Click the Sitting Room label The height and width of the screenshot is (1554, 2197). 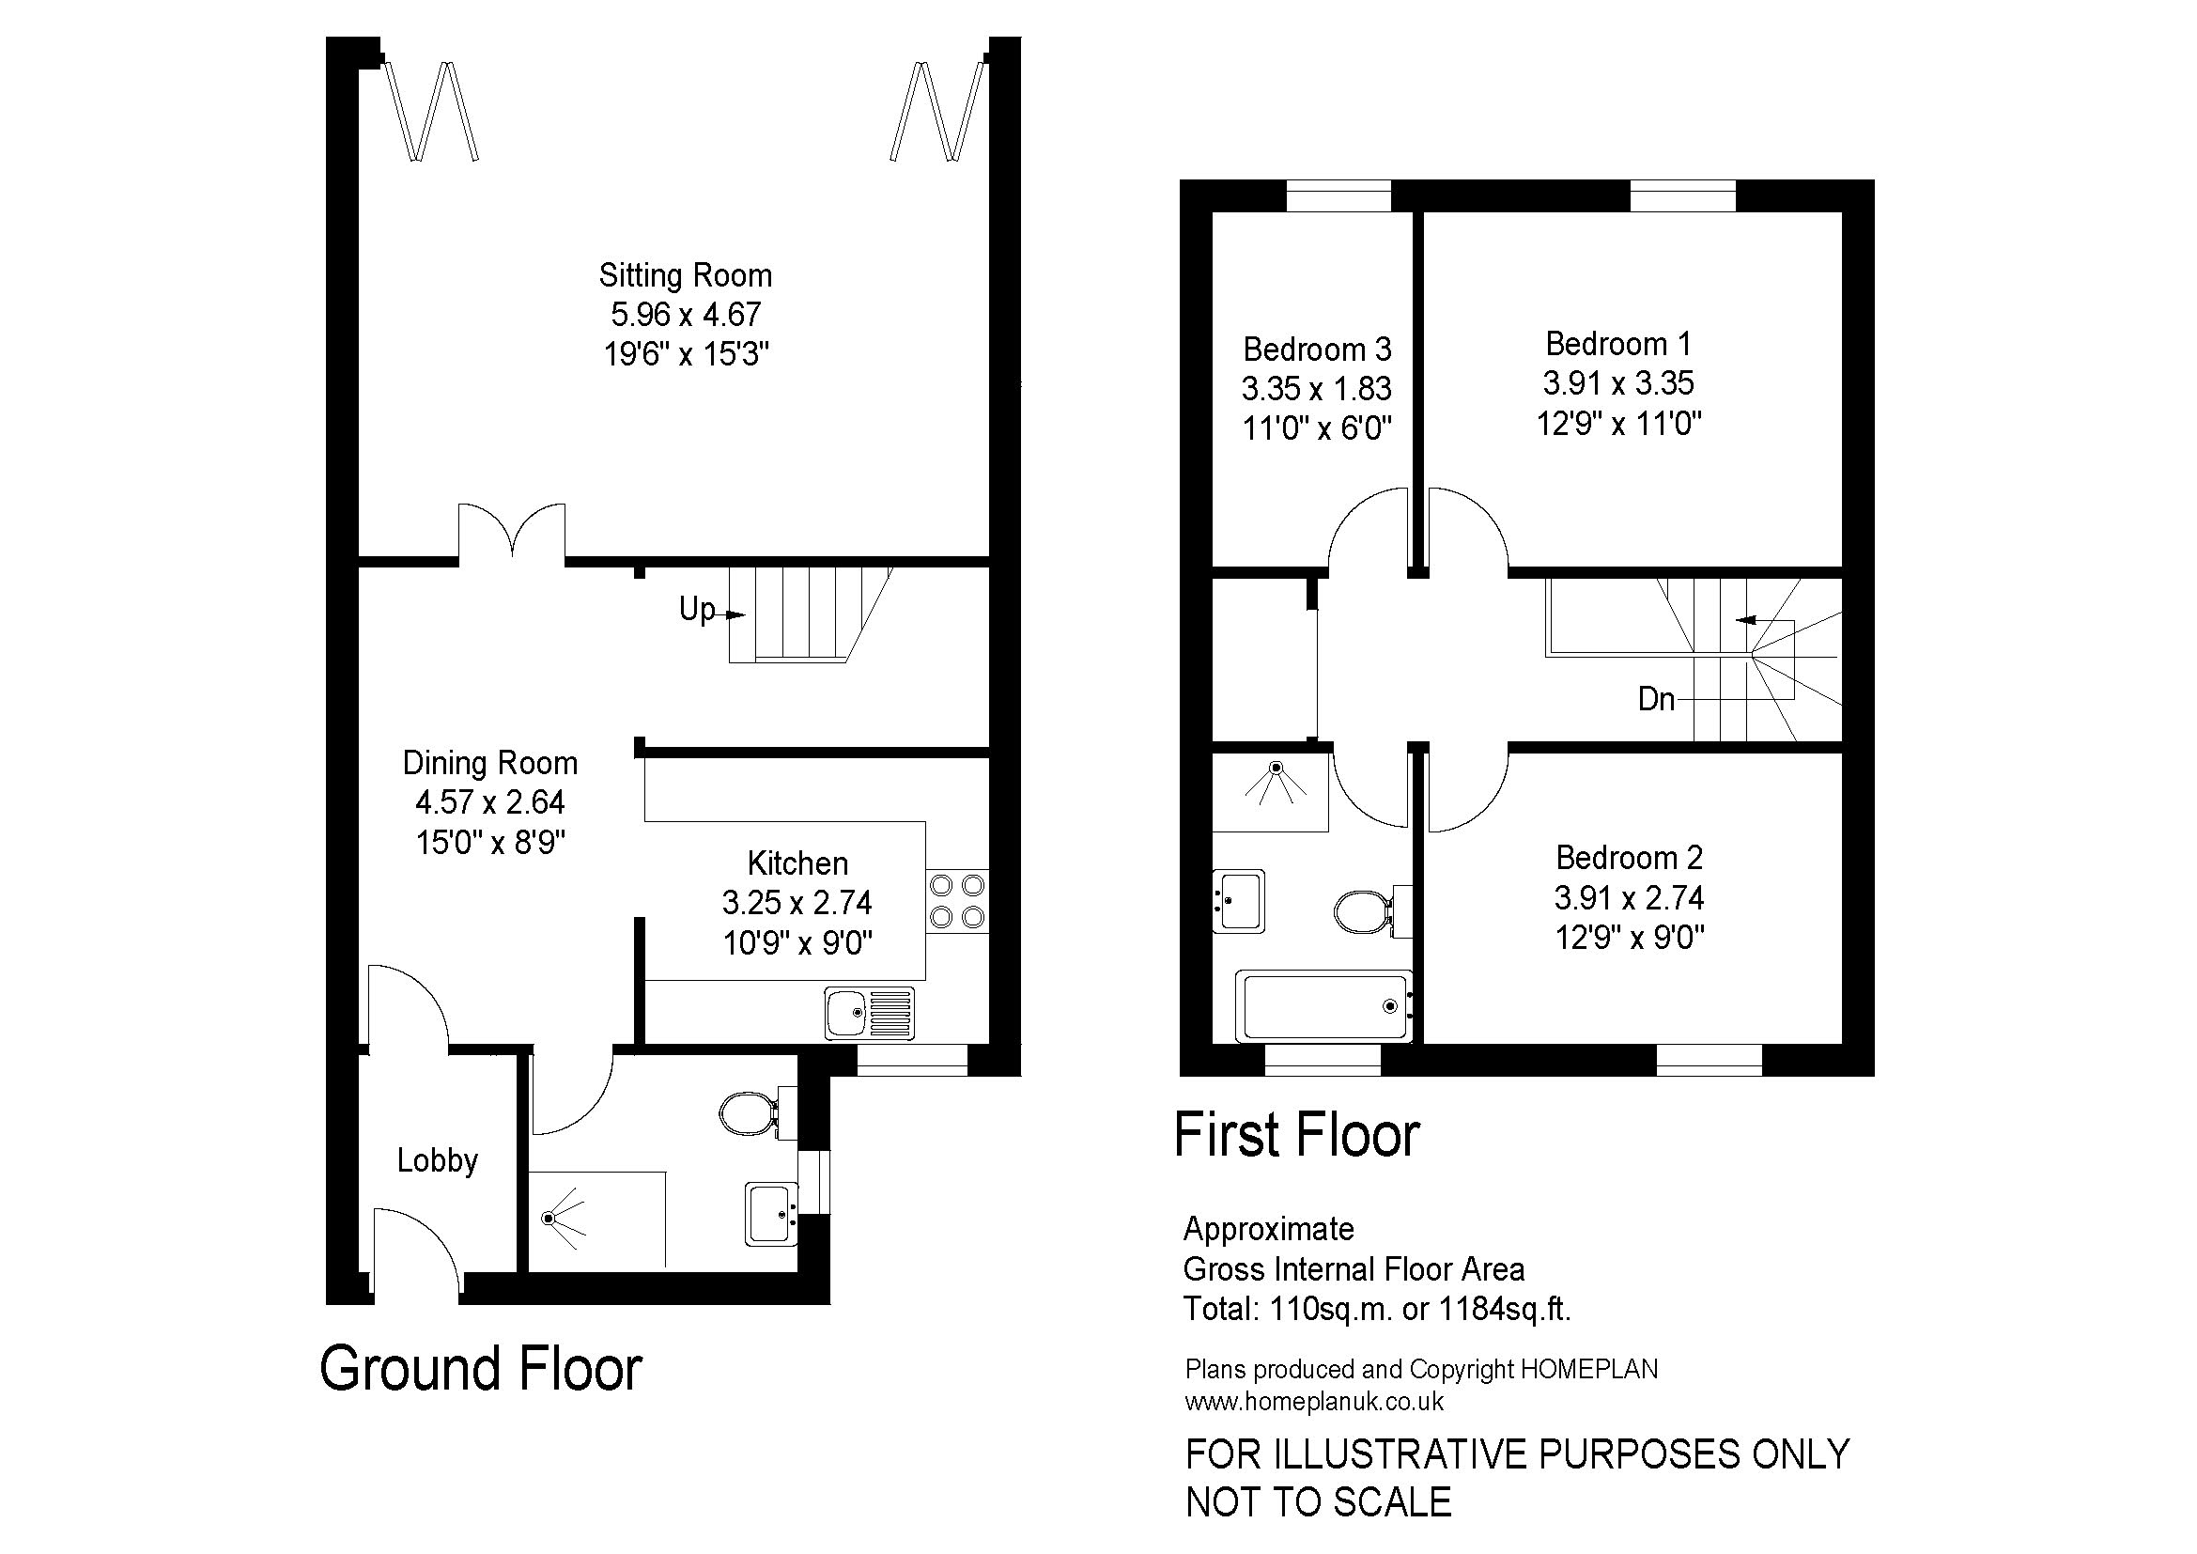pyautogui.click(x=685, y=275)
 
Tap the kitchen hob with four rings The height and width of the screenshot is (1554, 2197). pyautogui.click(x=957, y=901)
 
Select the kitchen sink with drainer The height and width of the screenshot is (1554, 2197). pyautogui.click(x=869, y=1014)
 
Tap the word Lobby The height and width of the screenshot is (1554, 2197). pyautogui.click(x=438, y=1160)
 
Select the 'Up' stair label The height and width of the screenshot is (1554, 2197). pyautogui.click(x=697, y=609)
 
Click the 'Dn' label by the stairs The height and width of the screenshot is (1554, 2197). pyautogui.click(x=1655, y=700)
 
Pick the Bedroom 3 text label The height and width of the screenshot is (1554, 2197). pyautogui.click(x=1317, y=350)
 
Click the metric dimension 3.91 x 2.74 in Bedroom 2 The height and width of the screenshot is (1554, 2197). pyautogui.click(x=1629, y=897)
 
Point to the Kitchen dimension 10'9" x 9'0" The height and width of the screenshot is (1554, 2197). pyautogui.click(x=797, y=943)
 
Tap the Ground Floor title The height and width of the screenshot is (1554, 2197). pyautogui.click(x=480, y=1368)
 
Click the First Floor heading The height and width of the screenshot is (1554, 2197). pyautogui.click(x=1296, y=1135)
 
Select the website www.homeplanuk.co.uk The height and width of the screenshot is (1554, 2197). pyautogui.click(x=1314, y=1402)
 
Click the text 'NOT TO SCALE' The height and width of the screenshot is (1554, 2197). pyautogui.click(x=1318, y=1502)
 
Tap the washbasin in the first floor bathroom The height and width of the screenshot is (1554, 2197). pyautogui.click(x=1238, y=900)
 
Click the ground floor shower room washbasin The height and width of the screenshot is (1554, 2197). pyautogui.click(x=771, y=1214)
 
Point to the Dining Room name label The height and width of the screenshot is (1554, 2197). pyautogui.click(x=490, y=763)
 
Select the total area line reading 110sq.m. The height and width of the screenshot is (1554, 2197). pyautogui.click(x=1377, y=1308)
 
